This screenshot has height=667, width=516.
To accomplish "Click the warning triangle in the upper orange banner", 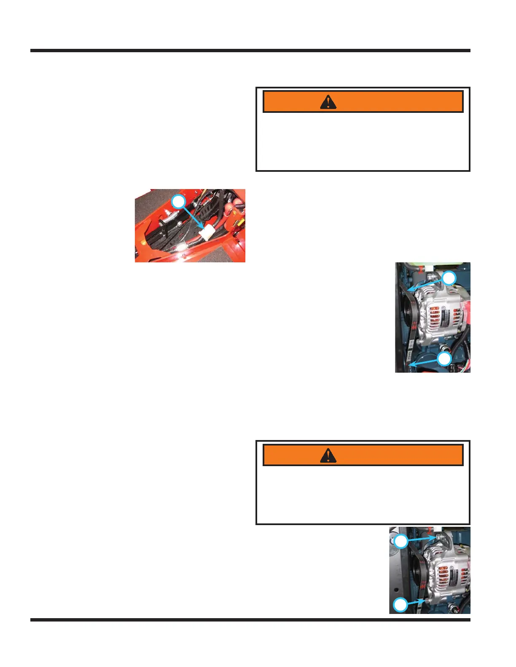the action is [328, 102].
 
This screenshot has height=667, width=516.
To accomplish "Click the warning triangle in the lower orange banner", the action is [328, 455].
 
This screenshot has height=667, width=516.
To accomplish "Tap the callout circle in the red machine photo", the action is [179, 201].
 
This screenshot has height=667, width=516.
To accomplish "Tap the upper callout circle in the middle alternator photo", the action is [449, 278].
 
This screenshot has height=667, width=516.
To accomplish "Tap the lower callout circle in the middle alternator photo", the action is [444, 359].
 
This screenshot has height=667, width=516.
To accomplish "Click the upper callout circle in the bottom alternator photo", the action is [401, 541].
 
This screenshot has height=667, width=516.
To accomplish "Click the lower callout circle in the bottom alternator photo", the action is [400, 605].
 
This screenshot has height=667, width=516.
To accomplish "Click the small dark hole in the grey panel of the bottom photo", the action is [396, 587].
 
